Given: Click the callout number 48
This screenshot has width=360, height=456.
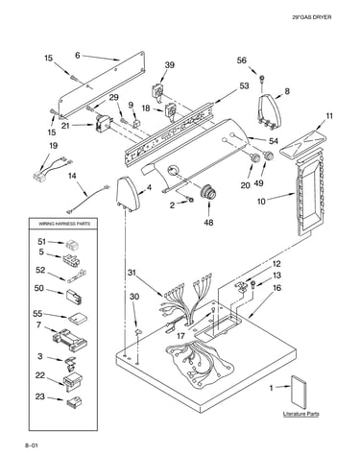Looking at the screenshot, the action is (208, 222).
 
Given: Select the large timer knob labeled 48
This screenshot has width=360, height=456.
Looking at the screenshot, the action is (207, 193).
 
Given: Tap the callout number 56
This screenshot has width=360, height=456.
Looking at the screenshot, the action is (242, 60).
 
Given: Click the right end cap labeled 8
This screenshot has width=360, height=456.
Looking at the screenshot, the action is (270, 111).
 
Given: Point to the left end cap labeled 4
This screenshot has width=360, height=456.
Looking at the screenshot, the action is (129, 194).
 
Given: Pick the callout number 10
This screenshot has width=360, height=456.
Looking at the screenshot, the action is (261, 202).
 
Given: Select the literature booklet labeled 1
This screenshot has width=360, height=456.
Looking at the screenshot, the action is (299, 394).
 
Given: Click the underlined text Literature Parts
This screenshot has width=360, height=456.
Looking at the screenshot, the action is (300, 414).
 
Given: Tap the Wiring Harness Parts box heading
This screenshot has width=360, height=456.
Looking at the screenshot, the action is (64, 224).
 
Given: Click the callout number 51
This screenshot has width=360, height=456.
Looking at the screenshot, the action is (42, 242).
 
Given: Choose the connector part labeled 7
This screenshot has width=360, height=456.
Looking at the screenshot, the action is (70, 340).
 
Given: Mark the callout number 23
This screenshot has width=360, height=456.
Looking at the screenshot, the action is (40, 396).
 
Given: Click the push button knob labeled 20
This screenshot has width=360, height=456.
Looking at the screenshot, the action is (254, 157).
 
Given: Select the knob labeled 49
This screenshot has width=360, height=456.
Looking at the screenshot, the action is (268, 156).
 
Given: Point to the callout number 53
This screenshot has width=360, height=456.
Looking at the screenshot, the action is (244, 85).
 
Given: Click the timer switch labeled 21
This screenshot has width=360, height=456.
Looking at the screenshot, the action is (104, 123).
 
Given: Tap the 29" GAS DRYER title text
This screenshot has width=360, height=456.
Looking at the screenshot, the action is (312, 17).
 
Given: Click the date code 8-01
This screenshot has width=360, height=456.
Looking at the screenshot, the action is (32, 445).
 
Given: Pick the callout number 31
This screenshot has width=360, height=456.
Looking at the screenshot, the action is (132, 273).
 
